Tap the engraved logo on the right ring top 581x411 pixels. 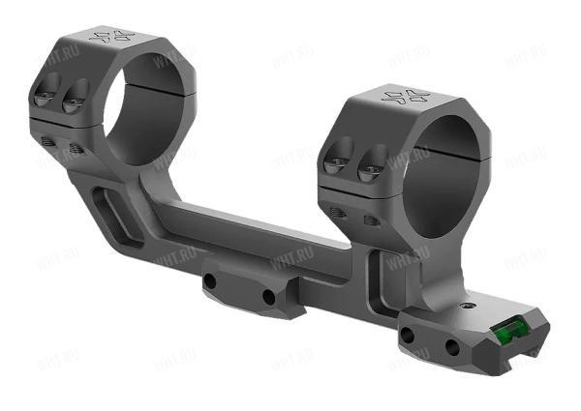coord(405,96)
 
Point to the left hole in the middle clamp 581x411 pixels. coord(210,282)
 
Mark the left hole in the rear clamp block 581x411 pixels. coord(409,335)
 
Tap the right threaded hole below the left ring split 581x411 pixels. coord(76,148)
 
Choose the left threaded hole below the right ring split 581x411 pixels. coord(338,213)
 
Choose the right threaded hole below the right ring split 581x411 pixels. coord(369,220)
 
